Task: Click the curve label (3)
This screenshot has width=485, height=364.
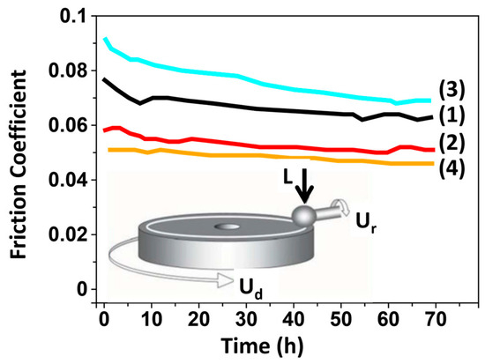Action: [451, 91]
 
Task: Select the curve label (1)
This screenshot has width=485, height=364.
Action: [451, 115]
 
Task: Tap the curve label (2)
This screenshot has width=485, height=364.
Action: [451, 143]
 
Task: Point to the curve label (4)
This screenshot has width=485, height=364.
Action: [451, 168]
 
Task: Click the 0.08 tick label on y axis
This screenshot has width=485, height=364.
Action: [69, 71]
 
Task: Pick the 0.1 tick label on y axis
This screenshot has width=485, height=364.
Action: [74, 16]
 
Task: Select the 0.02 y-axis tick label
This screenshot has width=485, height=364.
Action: [69, 234]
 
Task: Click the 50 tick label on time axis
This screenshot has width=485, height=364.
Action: [341, 319]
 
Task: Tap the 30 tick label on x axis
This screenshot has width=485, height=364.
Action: [246, 319]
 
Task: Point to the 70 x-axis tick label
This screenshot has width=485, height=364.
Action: [436, 319]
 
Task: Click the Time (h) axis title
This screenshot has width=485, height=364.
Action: [262, 345]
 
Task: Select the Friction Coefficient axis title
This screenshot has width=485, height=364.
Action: [18, 165]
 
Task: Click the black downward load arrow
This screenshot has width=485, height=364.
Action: [305, 186]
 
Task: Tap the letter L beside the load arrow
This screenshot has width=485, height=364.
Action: [288, 177]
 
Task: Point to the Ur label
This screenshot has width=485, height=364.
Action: [367, 223]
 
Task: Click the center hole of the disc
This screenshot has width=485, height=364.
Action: [228, 227]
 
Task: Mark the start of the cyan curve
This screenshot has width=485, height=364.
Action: [105, 39]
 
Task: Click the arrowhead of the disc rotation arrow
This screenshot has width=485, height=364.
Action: [226, 281]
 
